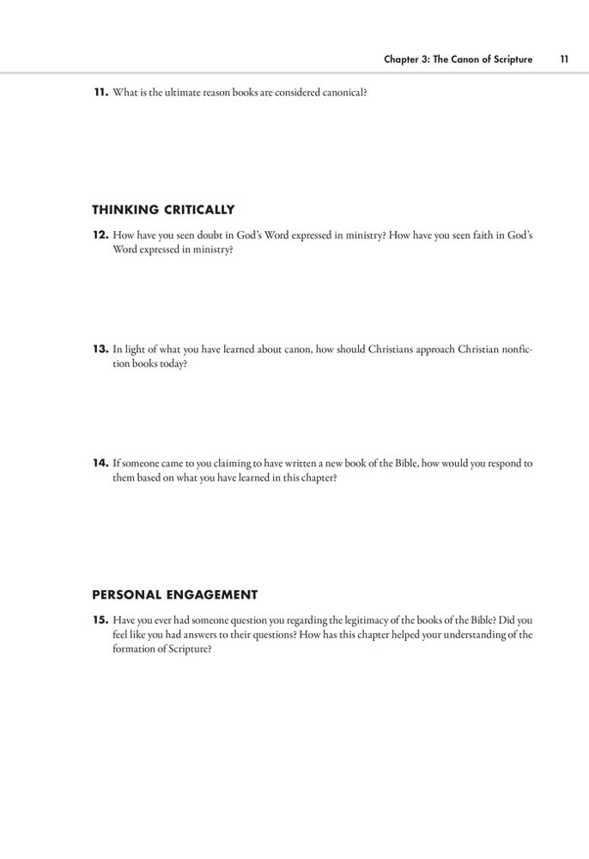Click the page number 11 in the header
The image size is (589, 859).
pyautogui.click(x=563, y=59)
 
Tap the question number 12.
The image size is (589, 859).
pyautogui.click(x=100, y=235)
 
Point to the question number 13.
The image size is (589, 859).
pyautogui.click(x=100, y=350)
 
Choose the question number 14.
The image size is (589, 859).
pyautogui.click(x=100, y=463)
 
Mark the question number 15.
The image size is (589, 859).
pyautogui.click(x=100, y=618)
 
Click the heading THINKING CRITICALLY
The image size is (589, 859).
pyautogui.click(x=163, y=210)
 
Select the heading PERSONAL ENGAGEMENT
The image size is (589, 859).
pyautogui.click(x=175, y=594)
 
